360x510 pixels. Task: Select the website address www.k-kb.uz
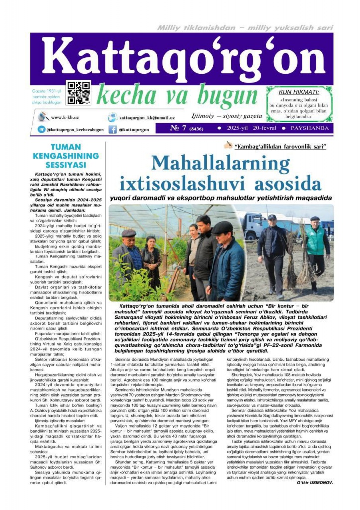63,118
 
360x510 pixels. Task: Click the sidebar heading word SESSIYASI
66,165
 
